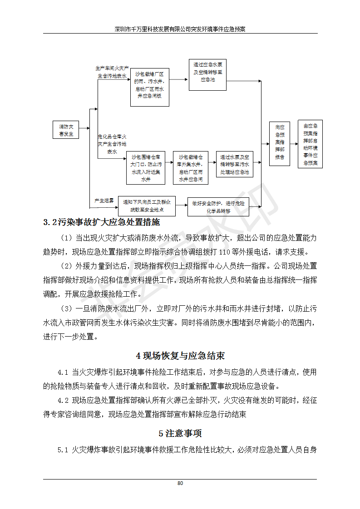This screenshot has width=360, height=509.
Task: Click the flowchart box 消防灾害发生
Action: coord(66,130)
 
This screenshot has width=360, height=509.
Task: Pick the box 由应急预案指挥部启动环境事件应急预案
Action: coord(311,144)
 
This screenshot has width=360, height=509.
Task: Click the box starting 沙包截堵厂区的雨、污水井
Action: coord(149,88)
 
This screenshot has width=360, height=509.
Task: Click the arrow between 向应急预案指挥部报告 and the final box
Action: coord(294,144)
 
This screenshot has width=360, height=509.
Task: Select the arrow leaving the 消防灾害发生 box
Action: coord(84,130)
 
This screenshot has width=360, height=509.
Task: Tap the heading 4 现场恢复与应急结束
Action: coord(180,356)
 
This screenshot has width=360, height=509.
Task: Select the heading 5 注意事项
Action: coord(180,433)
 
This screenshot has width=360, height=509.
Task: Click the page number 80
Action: coord(180,483)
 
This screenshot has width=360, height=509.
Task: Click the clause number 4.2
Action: coord(63,401)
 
